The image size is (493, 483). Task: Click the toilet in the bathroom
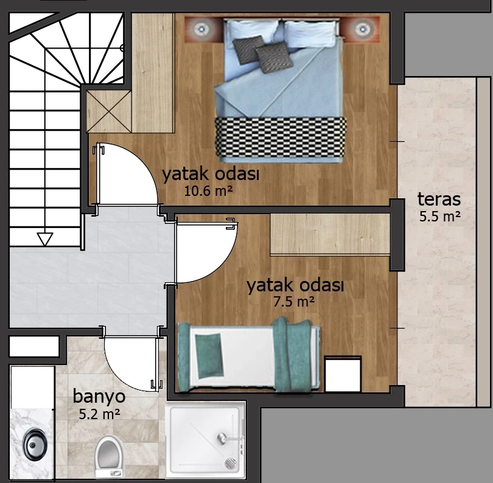click(109, 457)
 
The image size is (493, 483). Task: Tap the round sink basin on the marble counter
click(34, 445)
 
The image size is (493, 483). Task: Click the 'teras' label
click(439, 200)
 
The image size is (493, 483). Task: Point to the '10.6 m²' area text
click(208, 191)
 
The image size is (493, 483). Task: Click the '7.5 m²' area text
click(293, 302)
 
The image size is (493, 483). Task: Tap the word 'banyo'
click(99, 397)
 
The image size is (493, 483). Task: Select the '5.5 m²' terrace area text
click(440, 216)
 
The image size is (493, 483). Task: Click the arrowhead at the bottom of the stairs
click(45, 239)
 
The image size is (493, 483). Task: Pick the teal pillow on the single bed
click(209, 356)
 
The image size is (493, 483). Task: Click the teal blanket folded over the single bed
click(292, 355)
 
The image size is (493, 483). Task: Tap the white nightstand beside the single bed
click(343, 374)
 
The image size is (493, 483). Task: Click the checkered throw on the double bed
click(281, 137)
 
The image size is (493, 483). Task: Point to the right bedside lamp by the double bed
click(361, 29)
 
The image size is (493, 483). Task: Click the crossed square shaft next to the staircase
click(108, 111)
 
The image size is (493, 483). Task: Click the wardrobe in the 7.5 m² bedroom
click(330, 235)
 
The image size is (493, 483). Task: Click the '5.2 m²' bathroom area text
click(99, 414)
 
